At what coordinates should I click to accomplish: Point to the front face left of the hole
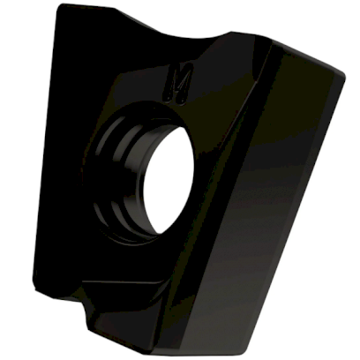tap(71, 176)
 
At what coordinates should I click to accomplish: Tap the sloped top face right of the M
tap(221, 79)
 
